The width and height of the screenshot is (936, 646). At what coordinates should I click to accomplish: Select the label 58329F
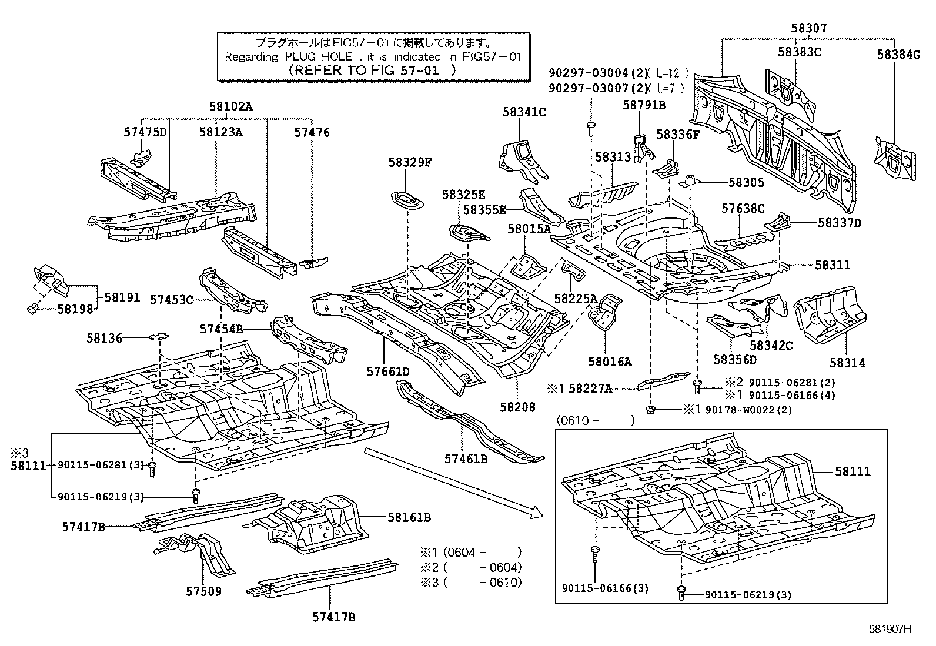[x=409, y=163]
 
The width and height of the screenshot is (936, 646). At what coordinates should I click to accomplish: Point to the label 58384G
[x=898, y=54]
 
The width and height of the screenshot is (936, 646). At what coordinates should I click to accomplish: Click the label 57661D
[x=387, y=371]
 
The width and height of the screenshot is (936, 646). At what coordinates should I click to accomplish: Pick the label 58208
[x=518, y=406]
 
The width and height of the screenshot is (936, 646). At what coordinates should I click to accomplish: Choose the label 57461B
[x=466, y=459]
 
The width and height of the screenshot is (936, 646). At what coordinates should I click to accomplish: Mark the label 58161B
[x=409, y=517]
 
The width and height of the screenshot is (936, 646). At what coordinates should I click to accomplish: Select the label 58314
[x=847, y=363]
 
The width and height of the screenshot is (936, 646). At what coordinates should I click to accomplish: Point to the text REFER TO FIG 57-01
[x=373, y=70]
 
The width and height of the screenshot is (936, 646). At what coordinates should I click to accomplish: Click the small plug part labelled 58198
[x=33, y=307]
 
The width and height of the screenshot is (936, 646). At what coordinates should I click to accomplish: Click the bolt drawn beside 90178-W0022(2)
[x=651, y=409]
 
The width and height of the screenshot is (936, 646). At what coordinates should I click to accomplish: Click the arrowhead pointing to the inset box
[x=536, y=513]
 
